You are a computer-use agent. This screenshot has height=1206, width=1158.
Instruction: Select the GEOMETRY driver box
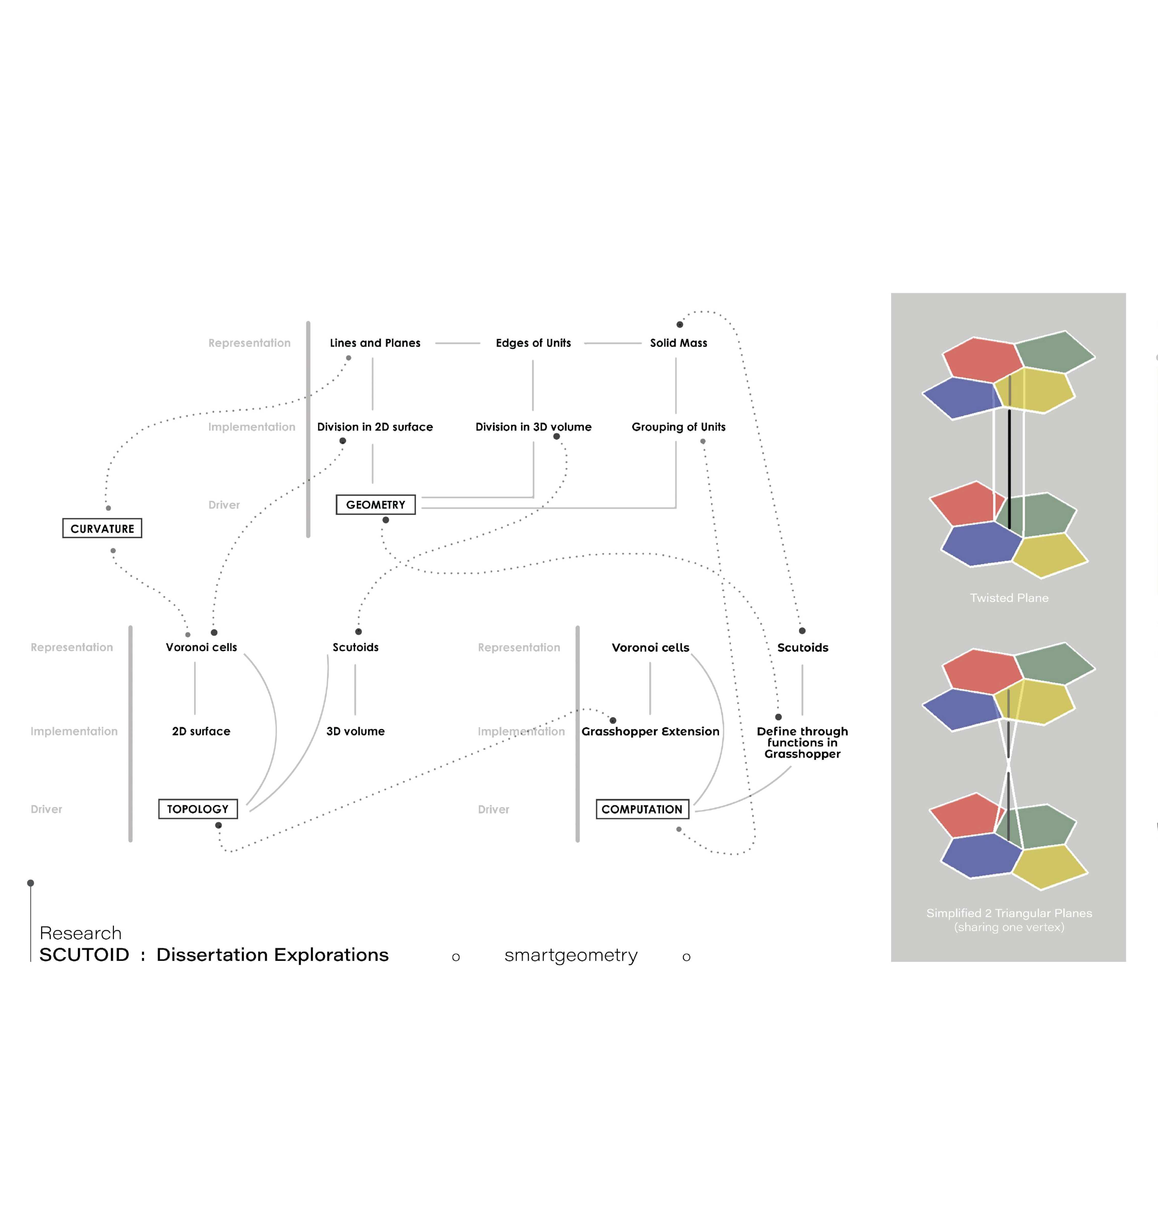point(375,504)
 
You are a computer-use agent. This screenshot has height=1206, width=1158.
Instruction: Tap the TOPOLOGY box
point(198,809)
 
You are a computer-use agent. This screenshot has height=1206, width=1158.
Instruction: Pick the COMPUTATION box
point(642,809)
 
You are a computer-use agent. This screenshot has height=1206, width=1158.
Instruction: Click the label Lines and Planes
point(375,343)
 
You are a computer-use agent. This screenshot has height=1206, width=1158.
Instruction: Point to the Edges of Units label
point(533,343)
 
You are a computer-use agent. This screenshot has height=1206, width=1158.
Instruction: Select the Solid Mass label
point(678,343)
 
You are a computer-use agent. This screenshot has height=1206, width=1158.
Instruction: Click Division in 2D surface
point(375,426)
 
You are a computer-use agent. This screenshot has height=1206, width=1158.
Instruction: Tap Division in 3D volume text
point(533,426)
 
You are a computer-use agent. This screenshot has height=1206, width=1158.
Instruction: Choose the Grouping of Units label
point(678,426)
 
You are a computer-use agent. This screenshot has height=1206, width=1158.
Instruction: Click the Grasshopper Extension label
point(650,731)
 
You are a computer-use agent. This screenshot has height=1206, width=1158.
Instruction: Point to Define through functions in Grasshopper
point(802,742)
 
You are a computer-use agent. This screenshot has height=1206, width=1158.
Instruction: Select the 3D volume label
point(355,731)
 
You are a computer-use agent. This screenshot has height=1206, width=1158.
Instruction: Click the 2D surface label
point(201,731)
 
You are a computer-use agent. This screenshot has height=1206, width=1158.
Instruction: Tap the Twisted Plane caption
point(1008,597)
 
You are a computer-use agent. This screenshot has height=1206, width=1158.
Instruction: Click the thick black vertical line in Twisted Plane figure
point(1009,468)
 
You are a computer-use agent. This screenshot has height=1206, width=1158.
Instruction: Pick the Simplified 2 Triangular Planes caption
point(1008,919)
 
